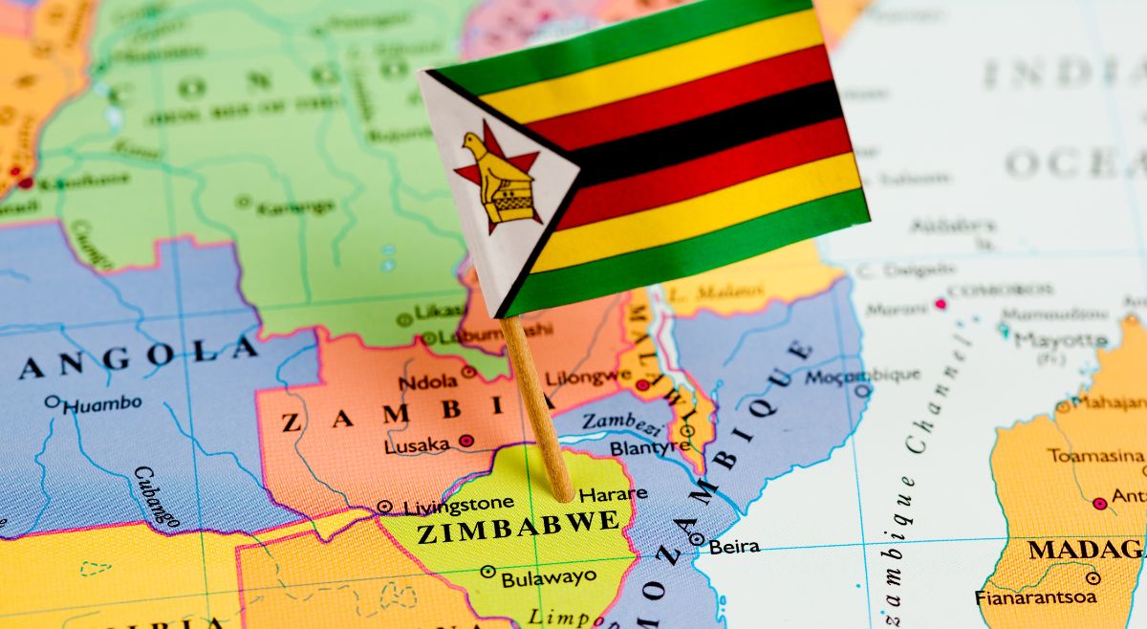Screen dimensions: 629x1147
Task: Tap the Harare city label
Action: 613,494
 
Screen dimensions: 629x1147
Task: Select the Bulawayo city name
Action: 549,577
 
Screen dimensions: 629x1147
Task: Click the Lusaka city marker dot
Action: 465,441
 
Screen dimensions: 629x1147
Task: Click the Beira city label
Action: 734,547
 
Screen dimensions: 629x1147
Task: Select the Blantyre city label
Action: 650,447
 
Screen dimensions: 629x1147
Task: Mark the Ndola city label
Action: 427,381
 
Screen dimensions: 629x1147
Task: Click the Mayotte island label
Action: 1061,339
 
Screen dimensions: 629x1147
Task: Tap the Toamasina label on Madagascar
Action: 1095,455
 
